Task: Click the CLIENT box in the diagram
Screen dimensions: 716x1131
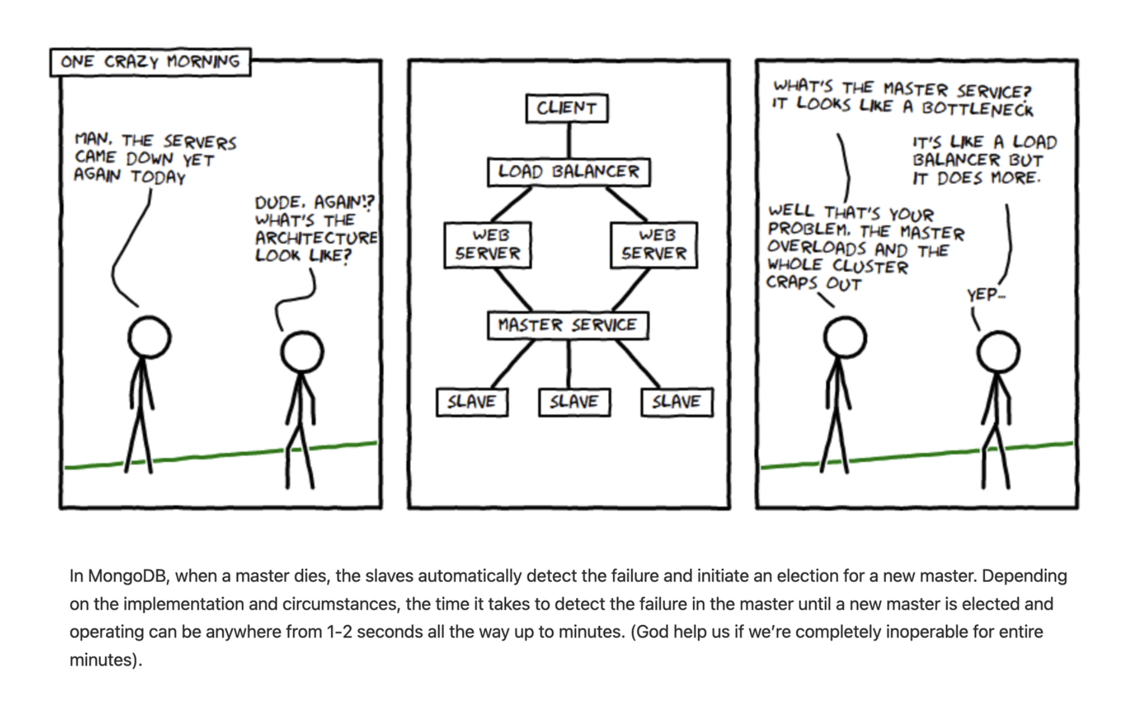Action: point(567,108)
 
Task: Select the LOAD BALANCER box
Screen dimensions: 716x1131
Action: point(569,172)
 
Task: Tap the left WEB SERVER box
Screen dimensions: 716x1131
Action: point(488,245)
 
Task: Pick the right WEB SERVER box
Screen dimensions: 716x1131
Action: point(654,245)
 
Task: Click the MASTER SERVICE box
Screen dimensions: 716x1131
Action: point(568,325)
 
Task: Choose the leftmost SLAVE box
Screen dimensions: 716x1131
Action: point(472,402)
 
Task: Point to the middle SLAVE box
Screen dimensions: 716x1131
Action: point(574,402)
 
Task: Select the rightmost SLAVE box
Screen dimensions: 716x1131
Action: point(677,402)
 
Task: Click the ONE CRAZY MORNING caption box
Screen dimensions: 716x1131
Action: point(150,62)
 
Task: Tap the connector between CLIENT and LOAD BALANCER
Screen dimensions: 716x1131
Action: point(569,140)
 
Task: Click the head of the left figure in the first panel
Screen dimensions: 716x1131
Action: point(149,338)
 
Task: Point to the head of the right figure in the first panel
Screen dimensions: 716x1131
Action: point(302,352)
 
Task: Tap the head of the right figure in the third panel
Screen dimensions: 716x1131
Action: point(998,352)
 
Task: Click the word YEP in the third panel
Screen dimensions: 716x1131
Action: point(983,295)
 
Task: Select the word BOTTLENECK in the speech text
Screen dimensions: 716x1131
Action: point(977,109)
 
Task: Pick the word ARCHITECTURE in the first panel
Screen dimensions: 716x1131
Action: point(316,238)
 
